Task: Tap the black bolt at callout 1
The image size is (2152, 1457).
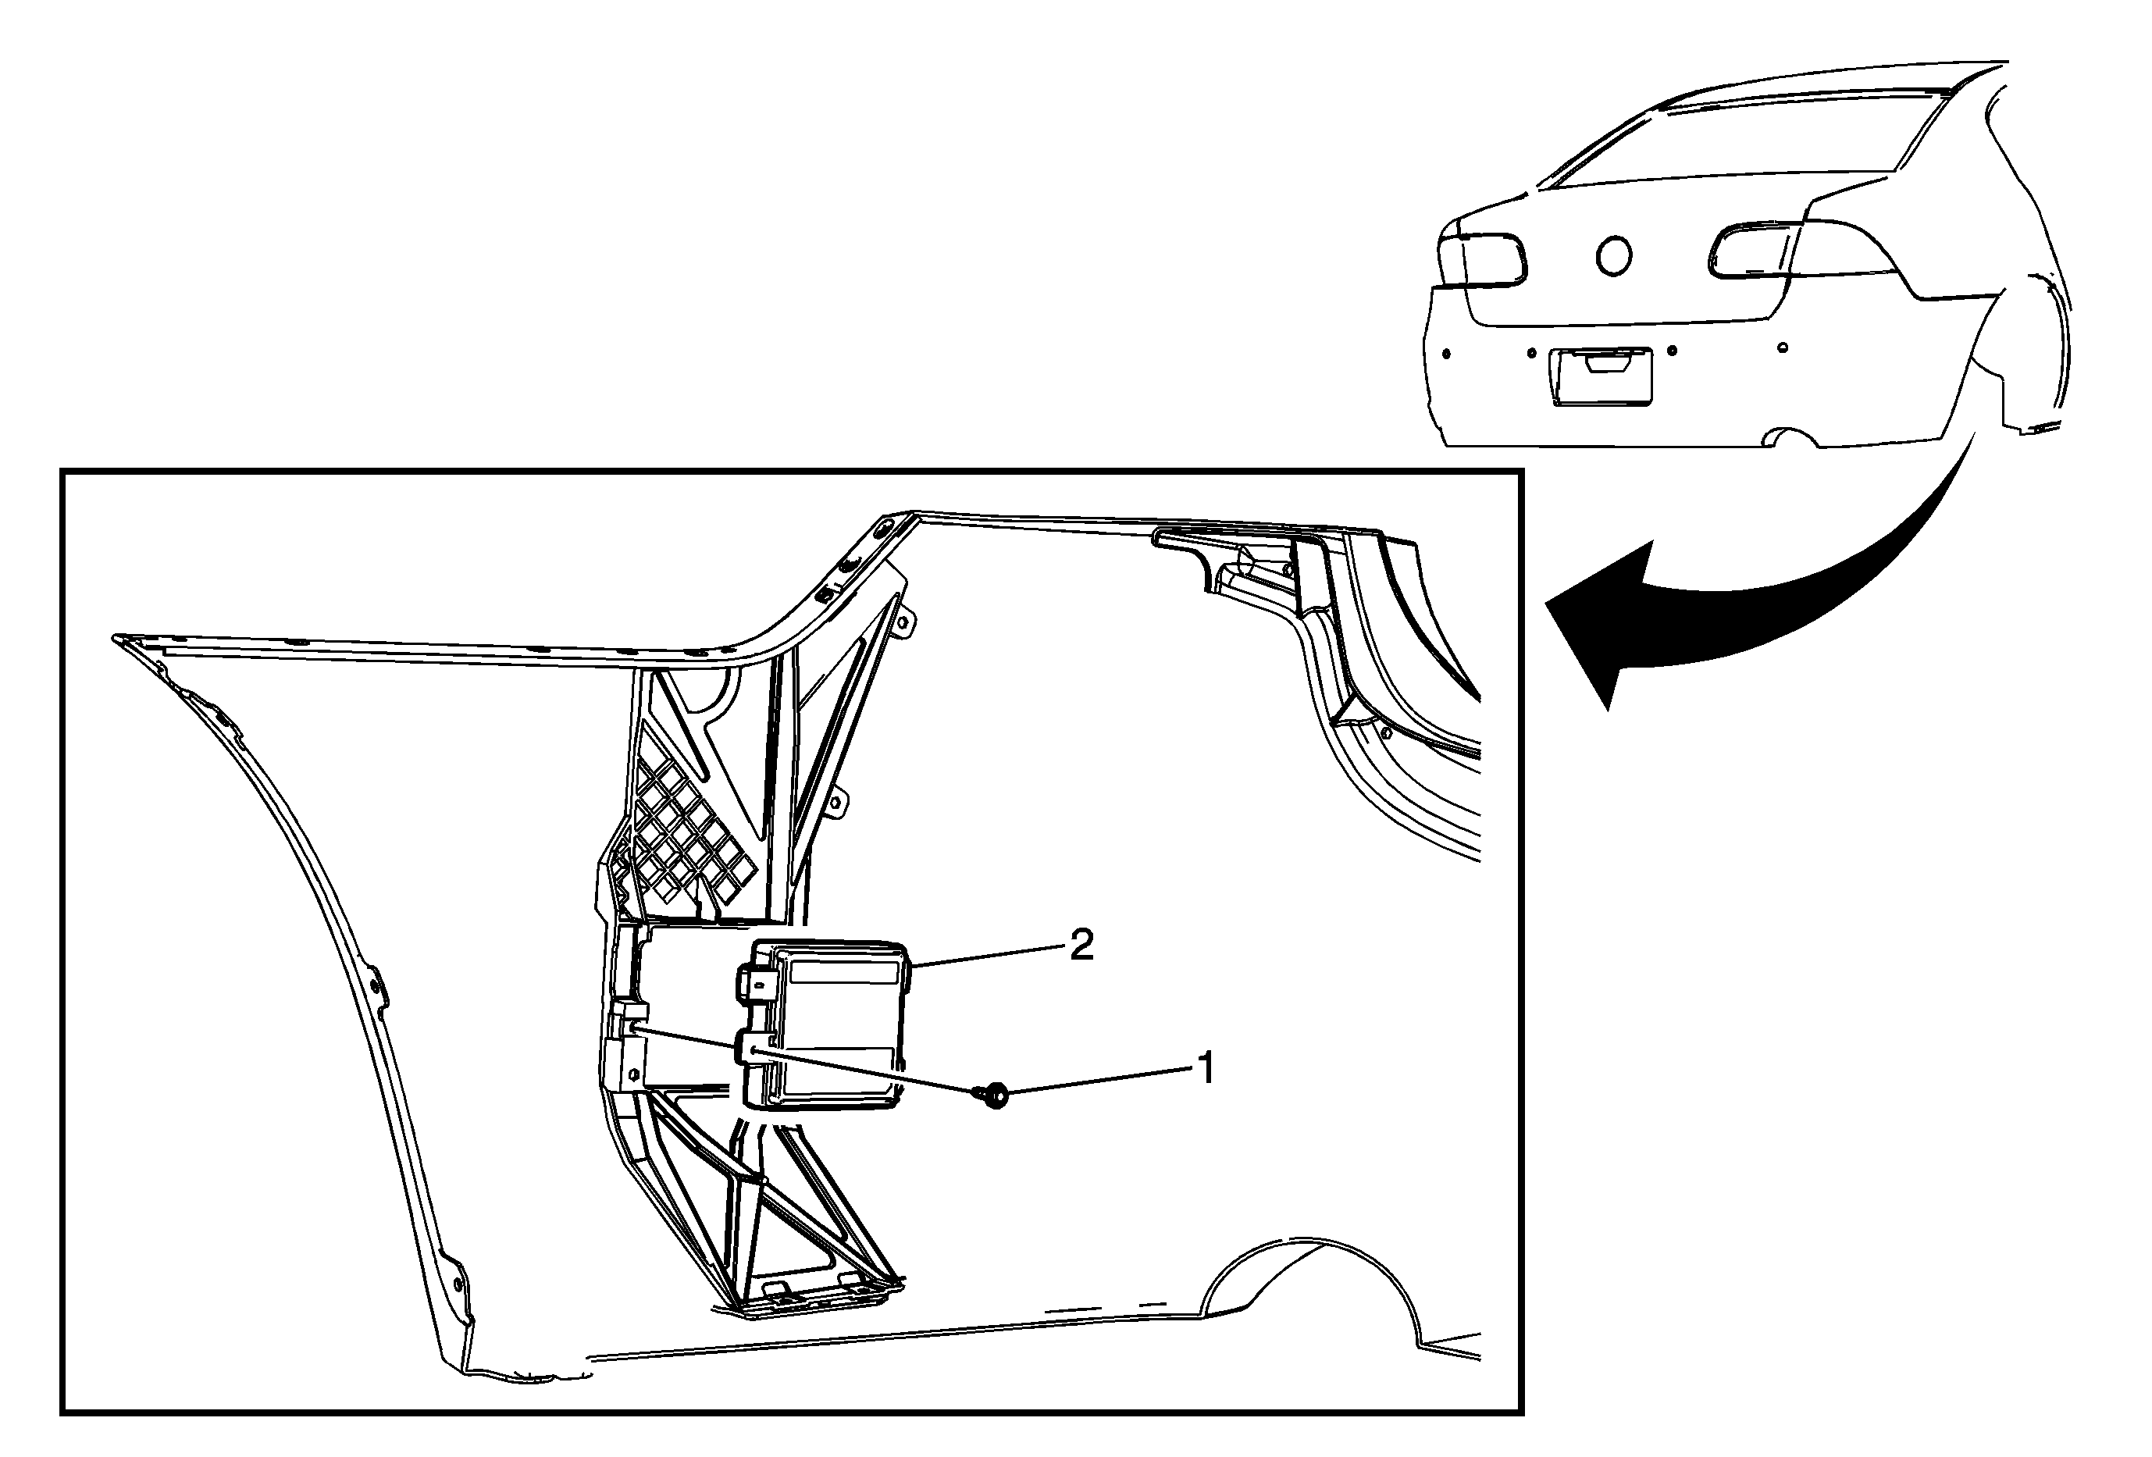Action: click(x=993, y=1097)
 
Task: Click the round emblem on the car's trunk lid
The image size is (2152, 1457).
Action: click(x=1613, y=255)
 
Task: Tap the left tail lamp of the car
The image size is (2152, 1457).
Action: click(x=1481, y=259)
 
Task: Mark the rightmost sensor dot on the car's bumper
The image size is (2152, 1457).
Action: click(x=1783, y=348)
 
